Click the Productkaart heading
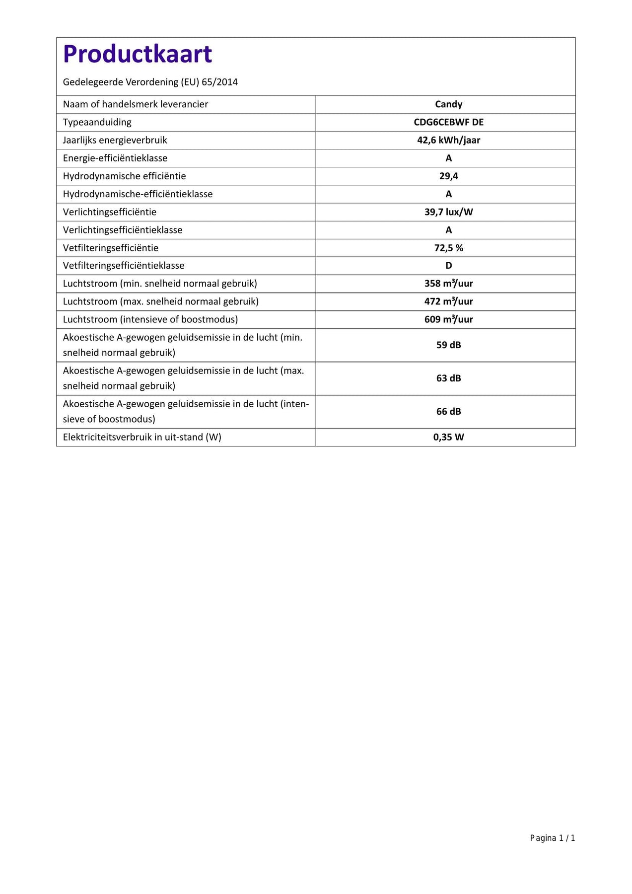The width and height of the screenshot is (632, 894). tap(138, 54)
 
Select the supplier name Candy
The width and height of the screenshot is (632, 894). tap(448, 104)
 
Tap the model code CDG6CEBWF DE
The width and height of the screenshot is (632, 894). tap(448, 122)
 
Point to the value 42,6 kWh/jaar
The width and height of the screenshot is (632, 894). tap(448, 140)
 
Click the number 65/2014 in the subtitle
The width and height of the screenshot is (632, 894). tap(219, 82)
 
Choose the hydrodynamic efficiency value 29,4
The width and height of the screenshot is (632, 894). tap(448, 176)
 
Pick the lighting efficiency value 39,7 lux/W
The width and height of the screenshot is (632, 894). tap(448, 212)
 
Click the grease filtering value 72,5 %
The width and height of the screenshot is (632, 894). tap(448, 248)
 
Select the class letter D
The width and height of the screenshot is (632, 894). tap(448, 266)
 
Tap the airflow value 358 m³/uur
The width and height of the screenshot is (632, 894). tap(448, 284)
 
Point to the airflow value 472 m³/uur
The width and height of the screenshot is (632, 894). tap(448, 301)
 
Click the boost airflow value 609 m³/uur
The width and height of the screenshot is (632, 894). tap(448, 319)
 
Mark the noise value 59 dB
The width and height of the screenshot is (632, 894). tap(448, 345)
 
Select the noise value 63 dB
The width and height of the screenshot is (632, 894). tap(448, 378)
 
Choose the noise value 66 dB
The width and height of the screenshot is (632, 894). tap(448, 411)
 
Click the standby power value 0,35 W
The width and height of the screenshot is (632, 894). tap(448, 437)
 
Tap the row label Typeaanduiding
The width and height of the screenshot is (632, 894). tap(97, 122)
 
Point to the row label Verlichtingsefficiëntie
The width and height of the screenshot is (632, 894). tap(110, 212)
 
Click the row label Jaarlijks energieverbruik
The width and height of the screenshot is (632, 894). tap(115, 140)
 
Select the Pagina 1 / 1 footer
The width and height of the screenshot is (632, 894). tap(552, 838)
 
